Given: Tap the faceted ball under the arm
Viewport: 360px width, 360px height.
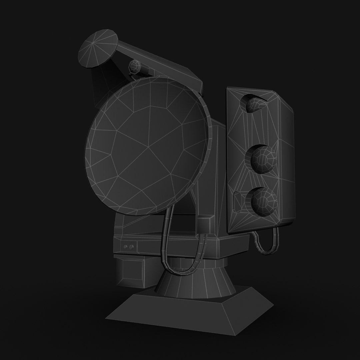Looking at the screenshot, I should coord(135,67).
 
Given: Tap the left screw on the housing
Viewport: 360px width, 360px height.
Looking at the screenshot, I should coord(126,247).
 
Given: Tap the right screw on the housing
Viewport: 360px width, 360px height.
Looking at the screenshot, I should coord(131,247).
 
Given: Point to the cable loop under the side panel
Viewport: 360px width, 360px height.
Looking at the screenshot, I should coord(267,245).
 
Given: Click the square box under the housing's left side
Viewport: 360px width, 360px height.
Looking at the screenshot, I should coord(133,272).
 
